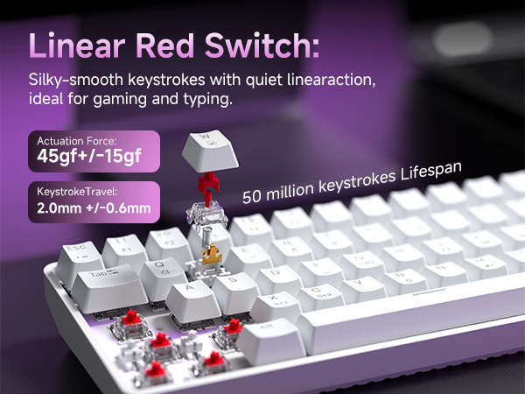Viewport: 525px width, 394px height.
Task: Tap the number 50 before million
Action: tap(253, 195)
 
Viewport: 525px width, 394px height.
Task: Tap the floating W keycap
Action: tap(209, 149)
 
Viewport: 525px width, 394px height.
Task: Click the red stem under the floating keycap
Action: tap(208, 185)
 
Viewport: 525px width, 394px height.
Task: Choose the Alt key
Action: tap(268, 327)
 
